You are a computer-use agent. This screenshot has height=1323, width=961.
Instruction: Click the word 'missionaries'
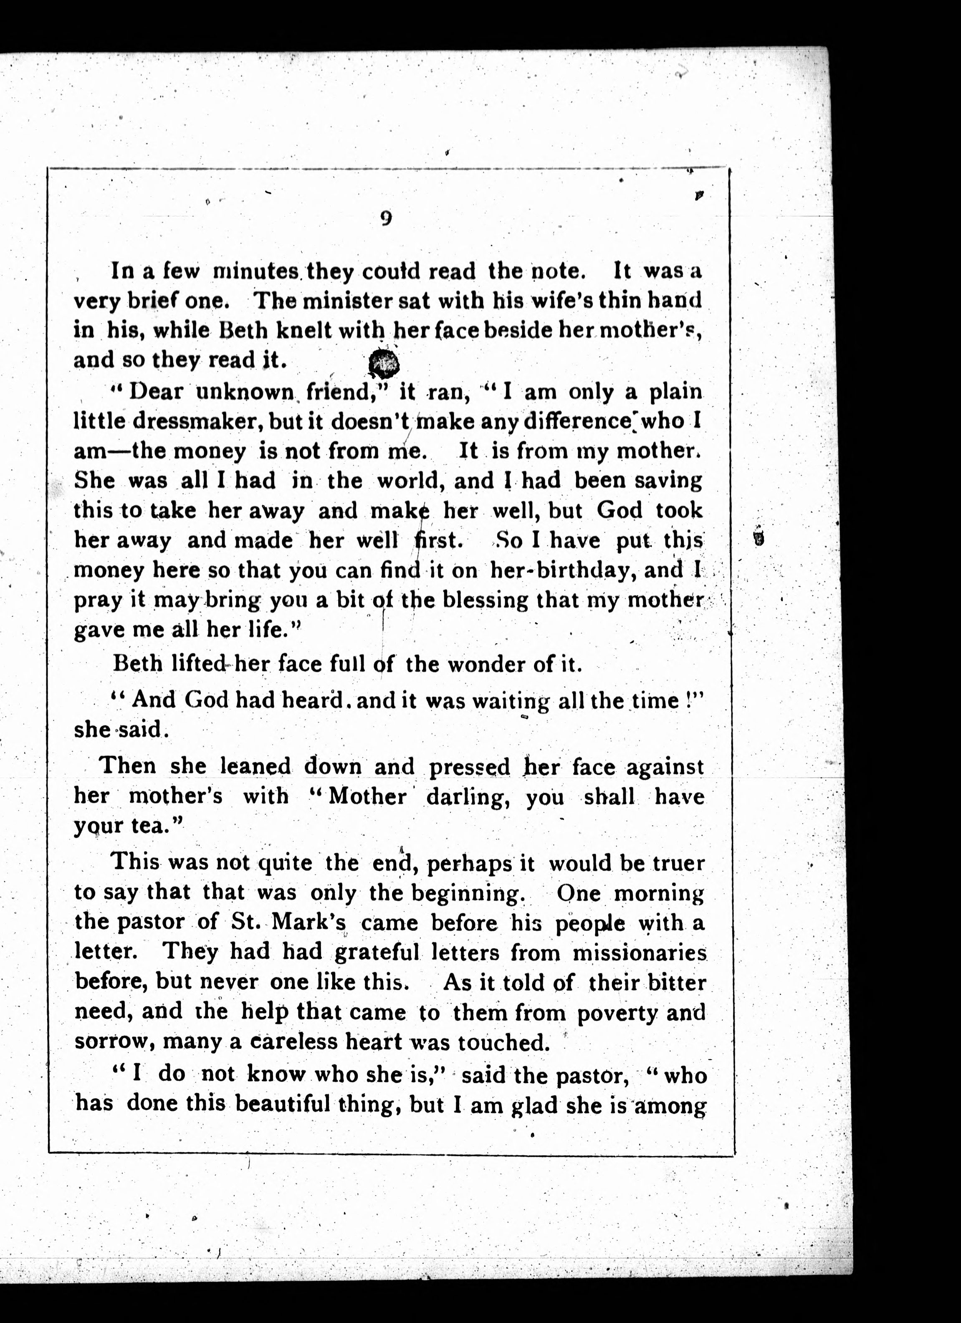[639, 953]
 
